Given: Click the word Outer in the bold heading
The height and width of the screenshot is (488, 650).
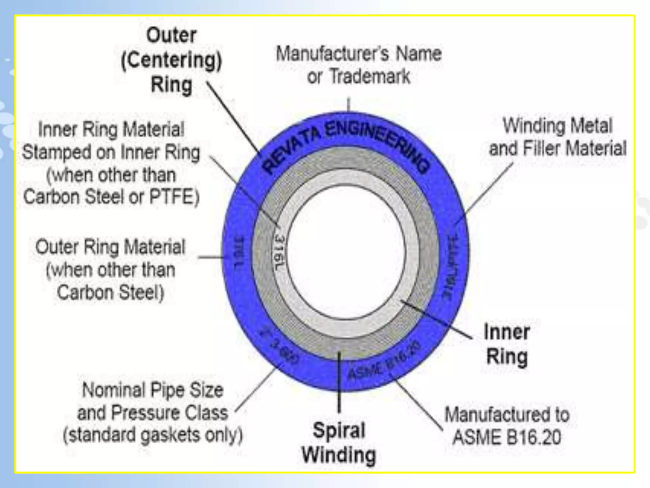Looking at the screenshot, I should tap(171, 35).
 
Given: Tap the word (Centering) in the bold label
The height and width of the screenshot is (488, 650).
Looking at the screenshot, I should tap(171, 60).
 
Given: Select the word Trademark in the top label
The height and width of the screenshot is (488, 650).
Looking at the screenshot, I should tap(370, 77).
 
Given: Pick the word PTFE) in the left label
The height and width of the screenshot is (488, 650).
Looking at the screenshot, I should tap(174, 197).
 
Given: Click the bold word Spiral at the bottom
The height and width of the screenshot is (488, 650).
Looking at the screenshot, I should tap(339, 430).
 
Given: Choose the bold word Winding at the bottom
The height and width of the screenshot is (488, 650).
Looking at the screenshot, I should tap(339, 455).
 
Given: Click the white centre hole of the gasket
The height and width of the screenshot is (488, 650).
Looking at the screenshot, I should tap(346, 251).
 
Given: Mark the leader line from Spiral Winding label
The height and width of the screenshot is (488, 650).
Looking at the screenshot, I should tap(339, 381).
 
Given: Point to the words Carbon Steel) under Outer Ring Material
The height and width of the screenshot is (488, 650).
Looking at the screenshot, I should tap(110, 292).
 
